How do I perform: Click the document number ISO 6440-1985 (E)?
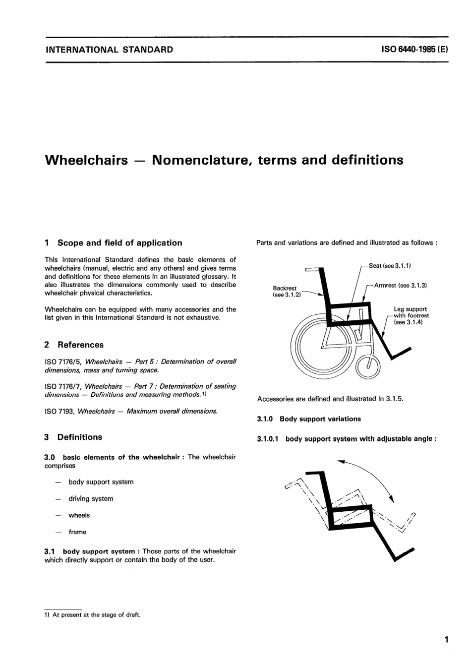[414, 50]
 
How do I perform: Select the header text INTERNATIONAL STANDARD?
[109, 50]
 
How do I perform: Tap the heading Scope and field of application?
[119, 243]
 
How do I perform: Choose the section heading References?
[80, 345]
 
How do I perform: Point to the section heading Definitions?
[79, 437]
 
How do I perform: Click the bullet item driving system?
[91, 499]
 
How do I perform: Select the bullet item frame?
[77, 532]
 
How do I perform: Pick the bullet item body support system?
[101, 482]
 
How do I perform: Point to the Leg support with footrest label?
[411, 315]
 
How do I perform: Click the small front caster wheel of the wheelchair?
[369, 366]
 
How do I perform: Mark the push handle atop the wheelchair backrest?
[312, 270]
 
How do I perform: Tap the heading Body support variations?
[320, 419]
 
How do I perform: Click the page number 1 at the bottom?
[446, 640]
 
